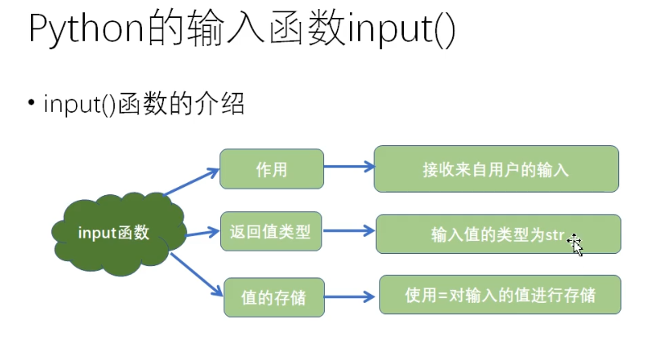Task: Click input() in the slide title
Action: [x=401, y=30]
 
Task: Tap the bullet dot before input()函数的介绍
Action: [x=31, y=103]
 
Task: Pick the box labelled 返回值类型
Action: [x=272, y=232]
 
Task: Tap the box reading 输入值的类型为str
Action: [x=497, y=234]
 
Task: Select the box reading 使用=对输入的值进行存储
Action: [x=500, y=294]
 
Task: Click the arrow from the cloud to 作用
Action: [x=193, y=182]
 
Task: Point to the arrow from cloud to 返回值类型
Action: [x=203, y=233]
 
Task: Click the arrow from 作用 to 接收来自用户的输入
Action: [x=348, y=167]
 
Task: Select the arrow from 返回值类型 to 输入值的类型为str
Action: [x=348, y=231]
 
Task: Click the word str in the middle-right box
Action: [x=555, y=235]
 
